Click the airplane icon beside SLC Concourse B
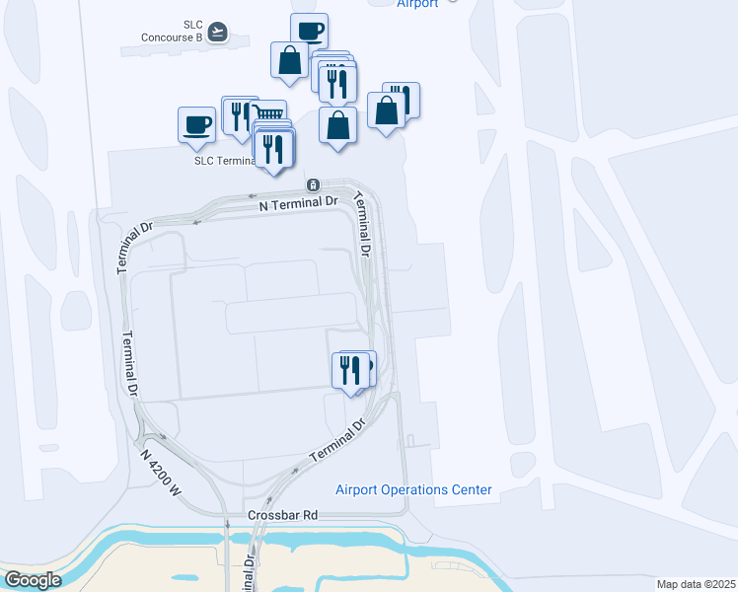(217, 33)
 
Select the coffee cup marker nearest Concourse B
(309, 31)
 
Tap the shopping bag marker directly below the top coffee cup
(290, 60)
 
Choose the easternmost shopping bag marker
(386, 111)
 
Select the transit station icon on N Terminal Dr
(313, 185)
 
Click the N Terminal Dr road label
(298, 201)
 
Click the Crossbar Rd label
(282, 515)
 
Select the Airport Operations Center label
(413, 490)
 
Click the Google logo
(34, 580)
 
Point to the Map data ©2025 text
(696, 584)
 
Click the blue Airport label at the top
(417, 4)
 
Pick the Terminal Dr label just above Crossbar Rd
(337, 441)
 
